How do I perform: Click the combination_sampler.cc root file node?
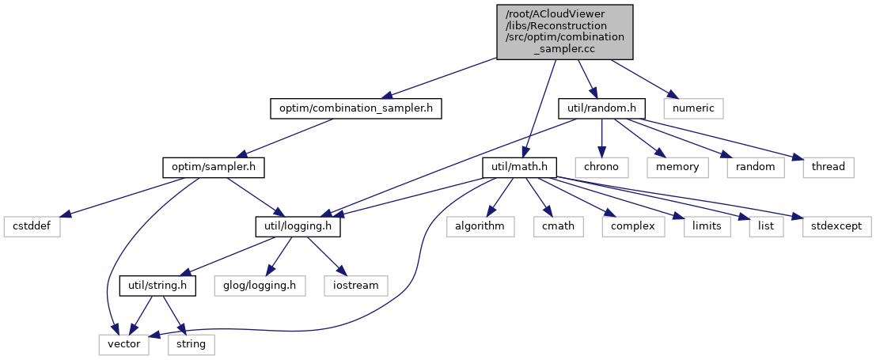565,31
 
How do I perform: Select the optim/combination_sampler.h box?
355,108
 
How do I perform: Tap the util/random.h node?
602,108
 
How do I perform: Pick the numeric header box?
693,108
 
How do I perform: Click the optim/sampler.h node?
214,167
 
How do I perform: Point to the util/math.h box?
520,167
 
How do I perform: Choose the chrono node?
602,167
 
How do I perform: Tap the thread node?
827,167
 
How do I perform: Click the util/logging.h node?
298,226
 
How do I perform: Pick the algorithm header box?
480,226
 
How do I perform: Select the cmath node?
558,226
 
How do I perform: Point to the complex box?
628,226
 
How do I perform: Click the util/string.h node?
157,285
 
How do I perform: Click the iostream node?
355,285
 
